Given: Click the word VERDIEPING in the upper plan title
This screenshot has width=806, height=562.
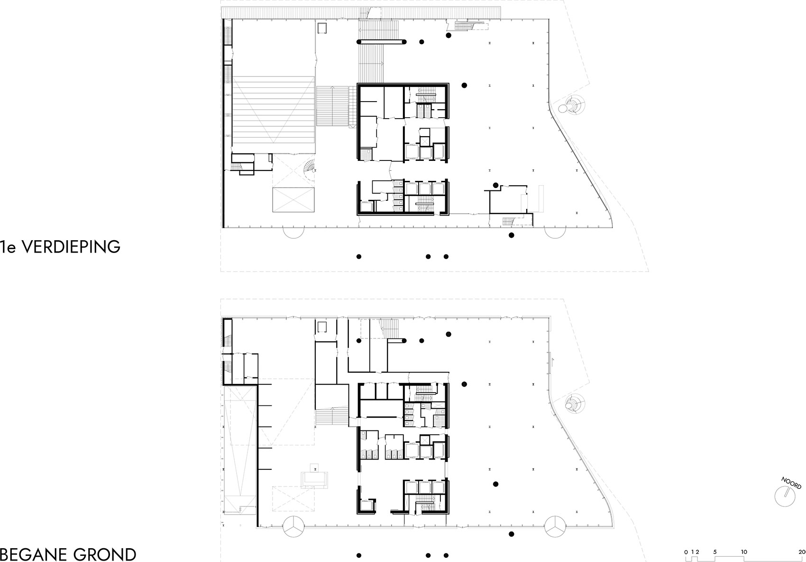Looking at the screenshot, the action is click(x=71, y=247).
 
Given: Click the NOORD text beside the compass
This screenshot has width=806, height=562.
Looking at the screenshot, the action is click(x=791, y=483).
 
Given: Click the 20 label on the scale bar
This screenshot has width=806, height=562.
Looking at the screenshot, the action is click(x=802, y=552).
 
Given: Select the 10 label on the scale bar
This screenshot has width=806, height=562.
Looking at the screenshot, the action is click(x=744, y=552).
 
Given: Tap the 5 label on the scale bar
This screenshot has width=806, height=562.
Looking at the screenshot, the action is click(x=715, y=552).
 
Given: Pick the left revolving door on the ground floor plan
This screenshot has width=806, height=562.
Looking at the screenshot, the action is click(x=293, y=527).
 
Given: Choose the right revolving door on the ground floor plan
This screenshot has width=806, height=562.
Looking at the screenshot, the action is click(x=555, y=527).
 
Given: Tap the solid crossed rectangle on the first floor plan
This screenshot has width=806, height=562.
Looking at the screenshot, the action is click(x=293, y=199).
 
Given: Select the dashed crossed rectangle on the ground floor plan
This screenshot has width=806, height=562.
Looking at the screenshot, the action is click(x=293, y=498).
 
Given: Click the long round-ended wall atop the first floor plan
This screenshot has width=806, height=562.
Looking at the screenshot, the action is click(x=381, y=42).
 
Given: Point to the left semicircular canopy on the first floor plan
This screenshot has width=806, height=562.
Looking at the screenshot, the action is click(x=293, y=233).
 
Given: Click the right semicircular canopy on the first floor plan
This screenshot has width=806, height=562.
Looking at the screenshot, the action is click(x=555, y=233).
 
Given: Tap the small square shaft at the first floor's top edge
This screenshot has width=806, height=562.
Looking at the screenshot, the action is click(x=321, y=28).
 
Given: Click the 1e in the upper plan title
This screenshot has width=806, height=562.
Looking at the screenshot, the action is click(x=8, y=247).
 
